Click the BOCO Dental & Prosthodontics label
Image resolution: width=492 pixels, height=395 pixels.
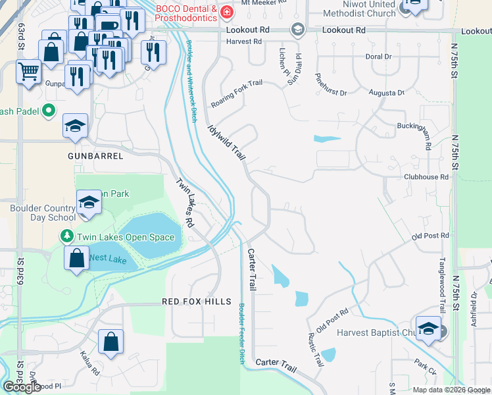pos(186,13)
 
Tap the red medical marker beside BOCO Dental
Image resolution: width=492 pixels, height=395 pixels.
pos(227,13)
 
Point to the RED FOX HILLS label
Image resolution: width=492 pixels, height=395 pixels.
pos(197,301)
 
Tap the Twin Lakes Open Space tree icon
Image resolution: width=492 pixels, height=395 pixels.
pos(66,235)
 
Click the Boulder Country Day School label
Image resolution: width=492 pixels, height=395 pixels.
pos(43,213)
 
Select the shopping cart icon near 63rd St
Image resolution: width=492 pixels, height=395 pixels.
pos(28,70)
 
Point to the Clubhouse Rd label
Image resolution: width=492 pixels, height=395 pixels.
pos(426,177)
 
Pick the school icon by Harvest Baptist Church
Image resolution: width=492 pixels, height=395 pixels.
pos(428,329)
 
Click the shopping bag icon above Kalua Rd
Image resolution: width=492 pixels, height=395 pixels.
pos(111,342)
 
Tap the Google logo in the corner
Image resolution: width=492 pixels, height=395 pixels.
pos(22,387)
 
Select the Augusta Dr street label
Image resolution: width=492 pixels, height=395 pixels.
pos(385,93)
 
